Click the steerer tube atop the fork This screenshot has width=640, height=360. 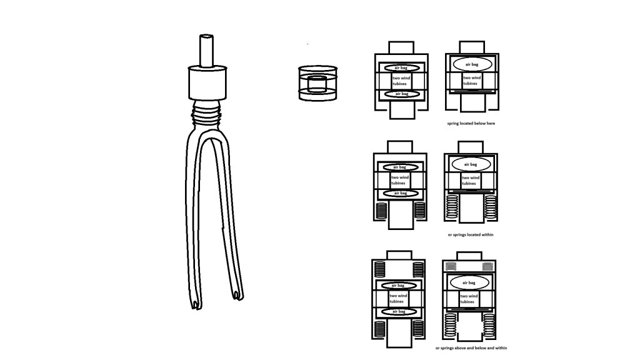pyautogui.click(x=206, y=50)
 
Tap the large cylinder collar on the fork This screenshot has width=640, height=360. pyautogui.click(x=207, y=83)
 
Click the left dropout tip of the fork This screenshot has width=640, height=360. pyautogui.click(x=196, y=304)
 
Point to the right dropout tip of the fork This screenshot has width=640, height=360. pyautogui.click(x=238, y=296)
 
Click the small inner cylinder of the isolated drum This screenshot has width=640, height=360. pyautogui.click(x=317, y=84)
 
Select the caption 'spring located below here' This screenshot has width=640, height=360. pyautogui.click(x=471, y=123)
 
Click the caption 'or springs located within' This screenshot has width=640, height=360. pyautogui.click(x=471, y=235)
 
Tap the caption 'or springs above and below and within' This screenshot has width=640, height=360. pyautogui.click(x=471, y=348)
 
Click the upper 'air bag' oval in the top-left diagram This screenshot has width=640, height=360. pyautogui.click(x=402, y=67)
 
